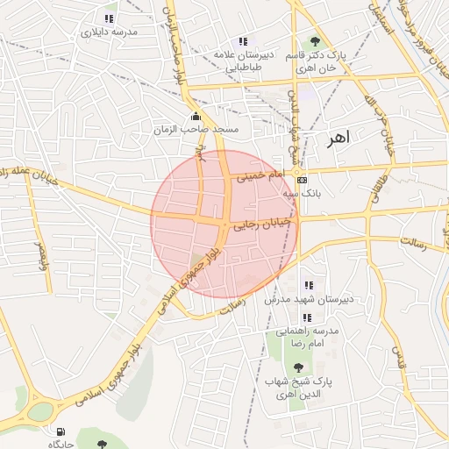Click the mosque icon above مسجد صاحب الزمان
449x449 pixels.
pos(195,117)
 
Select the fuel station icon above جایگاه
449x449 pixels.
pos(60,431)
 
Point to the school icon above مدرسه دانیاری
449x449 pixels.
pos(110,18)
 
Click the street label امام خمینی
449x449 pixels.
pos(259,176)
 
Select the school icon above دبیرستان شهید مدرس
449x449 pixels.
pos(308,285)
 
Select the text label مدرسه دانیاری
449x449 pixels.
pos(110,32)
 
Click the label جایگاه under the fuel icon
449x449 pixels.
pos(60,444)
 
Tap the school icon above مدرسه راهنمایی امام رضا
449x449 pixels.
pos(308,317)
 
